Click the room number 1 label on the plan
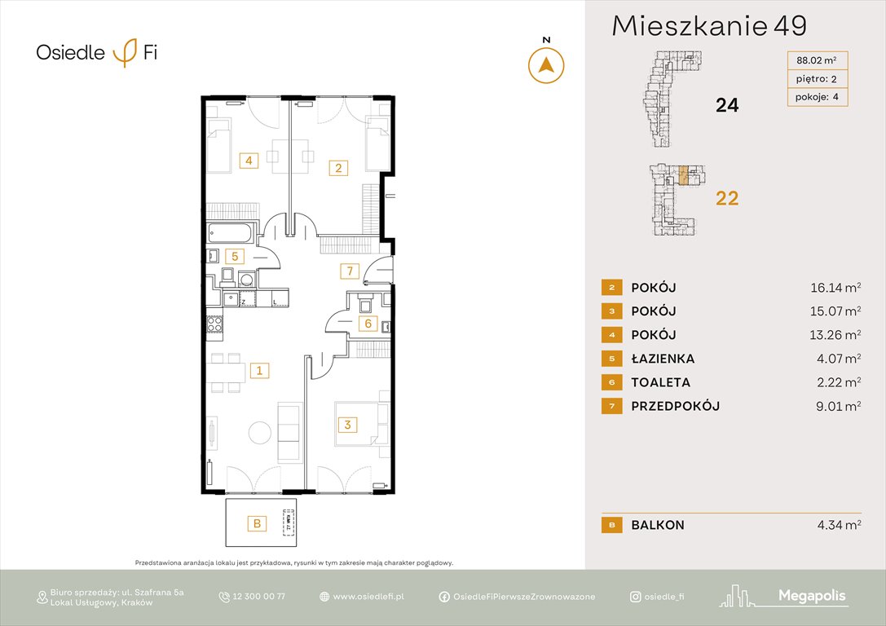(x=259, y=371)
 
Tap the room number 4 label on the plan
(x=249, y=161)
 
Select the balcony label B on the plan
(x=257, y=523)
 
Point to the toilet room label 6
(x=368, y=324)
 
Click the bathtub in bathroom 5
(x=231, y=232)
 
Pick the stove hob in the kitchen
(x=214, y=324)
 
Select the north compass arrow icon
(x=546, y=64)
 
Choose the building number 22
(x=726, y=197)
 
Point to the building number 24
(x=726, y=104)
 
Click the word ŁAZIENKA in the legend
(x=663, y=359)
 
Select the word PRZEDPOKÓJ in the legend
(x=675, y=406)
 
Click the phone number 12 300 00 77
(x=258, y=597)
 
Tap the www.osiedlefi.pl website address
(x=368, y=597)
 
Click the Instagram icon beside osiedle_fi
(x=635, y=597)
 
